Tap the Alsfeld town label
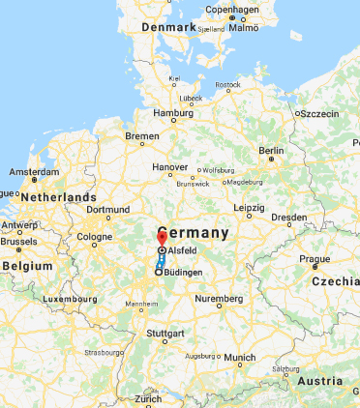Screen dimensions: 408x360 pyautogui.click(x=183, y=250)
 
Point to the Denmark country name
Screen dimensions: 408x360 pyautogui.click(x=170, y=28)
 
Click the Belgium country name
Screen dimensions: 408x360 pyautogui.click(x=27, y=265)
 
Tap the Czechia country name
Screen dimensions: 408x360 pyautogui.click(x=335, y=281)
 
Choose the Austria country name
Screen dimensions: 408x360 pyautogui.click(x=321, y=381)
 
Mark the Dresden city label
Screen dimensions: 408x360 pyautogui.click(x=289, y=218)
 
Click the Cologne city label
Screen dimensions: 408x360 pyautogui.click(x=95, y=236)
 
